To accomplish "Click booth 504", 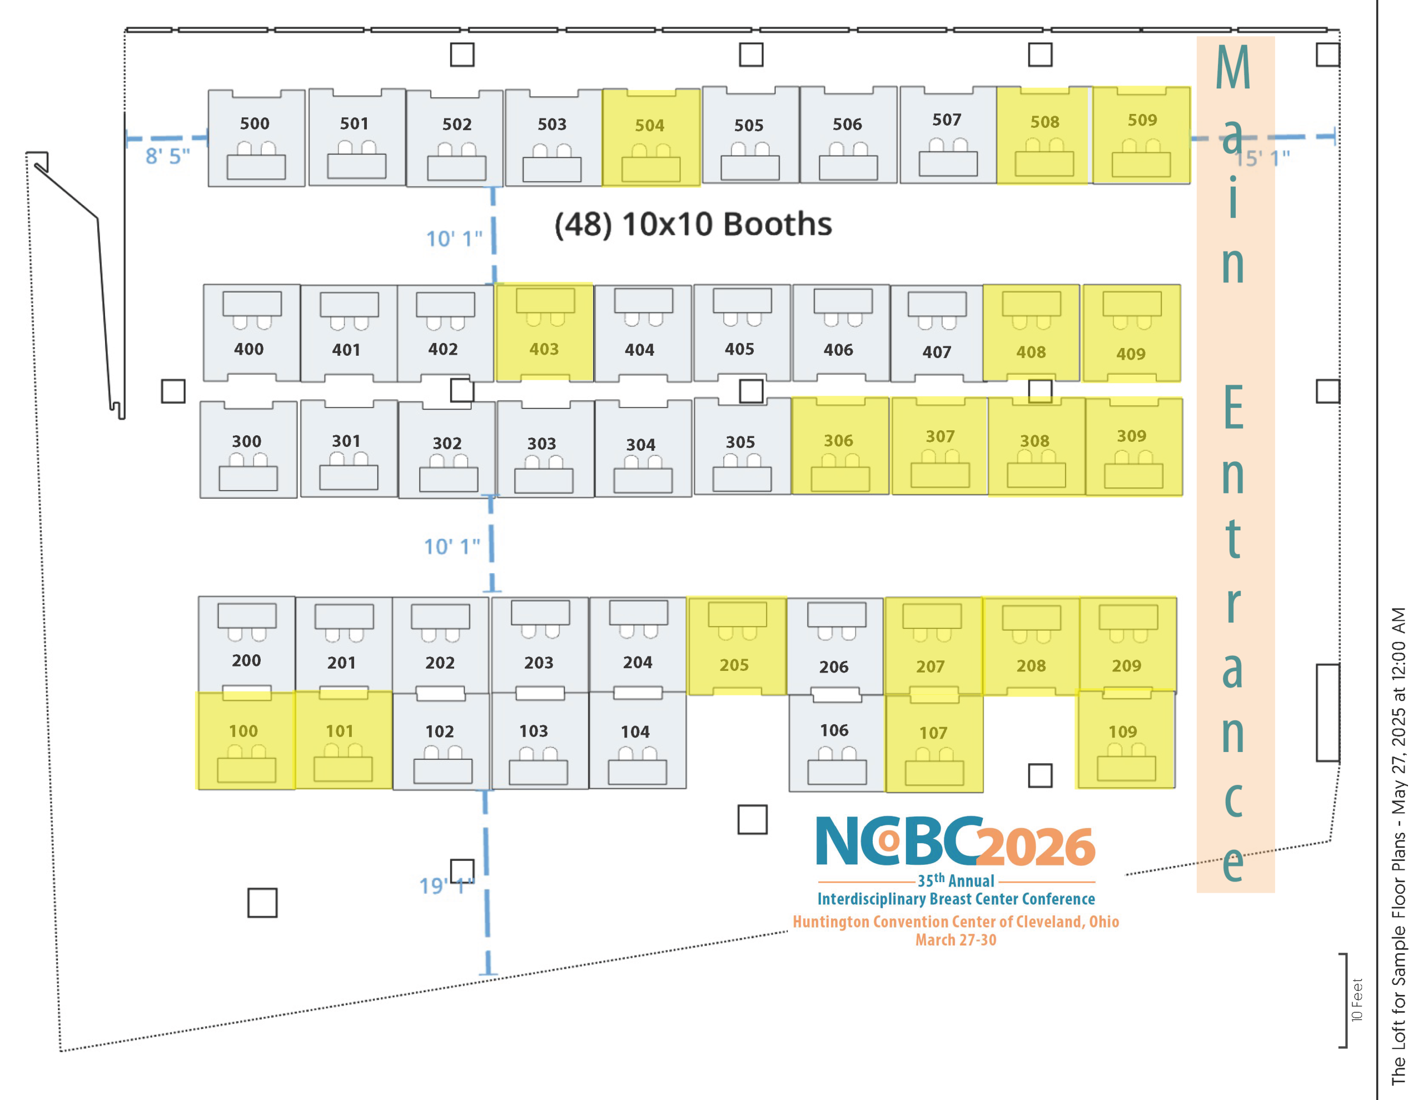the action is (651, 137).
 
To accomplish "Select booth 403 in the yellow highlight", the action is (544, 332).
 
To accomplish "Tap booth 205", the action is (737, 646).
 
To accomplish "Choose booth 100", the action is (246, 740).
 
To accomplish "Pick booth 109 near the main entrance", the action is (1126, 739).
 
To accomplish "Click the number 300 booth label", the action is (246, 441).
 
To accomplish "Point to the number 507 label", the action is (947, 120).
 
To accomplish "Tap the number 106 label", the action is (834, 730).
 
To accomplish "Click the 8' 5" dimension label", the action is (167, 156).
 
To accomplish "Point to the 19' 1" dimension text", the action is (446, 885).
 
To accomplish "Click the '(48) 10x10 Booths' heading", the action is (693, 224).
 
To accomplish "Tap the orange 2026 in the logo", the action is (1036, 847).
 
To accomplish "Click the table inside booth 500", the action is (256, 167).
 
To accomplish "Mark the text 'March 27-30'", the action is (956, 940).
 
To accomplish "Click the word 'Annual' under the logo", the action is (972, 881).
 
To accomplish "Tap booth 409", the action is (1132, 333).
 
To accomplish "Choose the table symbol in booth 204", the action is (639, 613).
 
